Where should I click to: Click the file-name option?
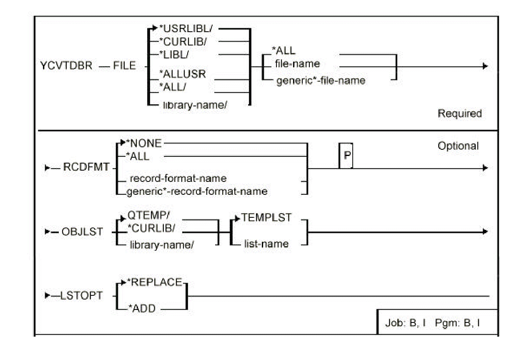pyautogui.click(x=298, y=64)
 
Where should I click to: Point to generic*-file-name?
pyautogui.click(x=321, y=81)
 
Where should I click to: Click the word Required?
pyautogui.click(x=459, y=113)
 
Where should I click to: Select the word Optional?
pyautogui.click(x=458, y=146)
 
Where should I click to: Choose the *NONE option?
pyautogui.click(x=143, y=144)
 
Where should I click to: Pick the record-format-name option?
pyautogui.click(x=178, y=179)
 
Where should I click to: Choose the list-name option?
pyautogui.click(x=266, y=244)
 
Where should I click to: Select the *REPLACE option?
pyautogui.click(x=160, y=282)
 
